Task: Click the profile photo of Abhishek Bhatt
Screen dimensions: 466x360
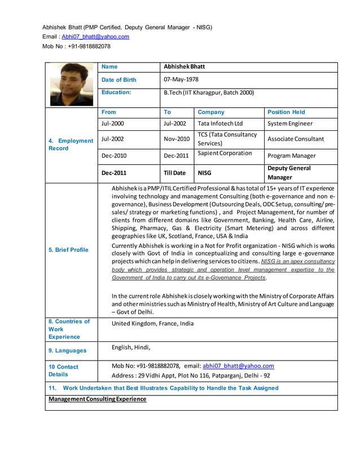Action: tap(71, 84)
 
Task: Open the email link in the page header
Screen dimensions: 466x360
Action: tap(95, 37)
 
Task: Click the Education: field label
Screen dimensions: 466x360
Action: tap(116, 92)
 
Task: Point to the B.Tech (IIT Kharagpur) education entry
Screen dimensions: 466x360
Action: tap(208, 93)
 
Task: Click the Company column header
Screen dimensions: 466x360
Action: tap(210, 112)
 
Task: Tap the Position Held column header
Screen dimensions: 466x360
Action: tap(286, 112)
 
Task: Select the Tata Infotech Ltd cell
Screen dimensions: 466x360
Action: tap(220, 124)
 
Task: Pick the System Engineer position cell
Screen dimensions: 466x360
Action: tap(289, 124)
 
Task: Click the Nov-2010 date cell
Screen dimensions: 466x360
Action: tap(177, 139)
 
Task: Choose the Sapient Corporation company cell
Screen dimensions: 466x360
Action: tap(225, 153)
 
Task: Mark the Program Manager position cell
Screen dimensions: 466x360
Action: tap(291, 156)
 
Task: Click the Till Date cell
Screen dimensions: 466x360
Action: tap(174, 173)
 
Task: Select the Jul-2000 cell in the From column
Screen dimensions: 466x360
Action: tap(112, 124)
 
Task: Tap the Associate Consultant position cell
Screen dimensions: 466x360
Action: tap(296, 139)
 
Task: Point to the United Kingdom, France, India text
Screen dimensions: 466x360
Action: tap(152, 324)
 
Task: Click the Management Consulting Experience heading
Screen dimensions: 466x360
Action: tap(97, 399)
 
